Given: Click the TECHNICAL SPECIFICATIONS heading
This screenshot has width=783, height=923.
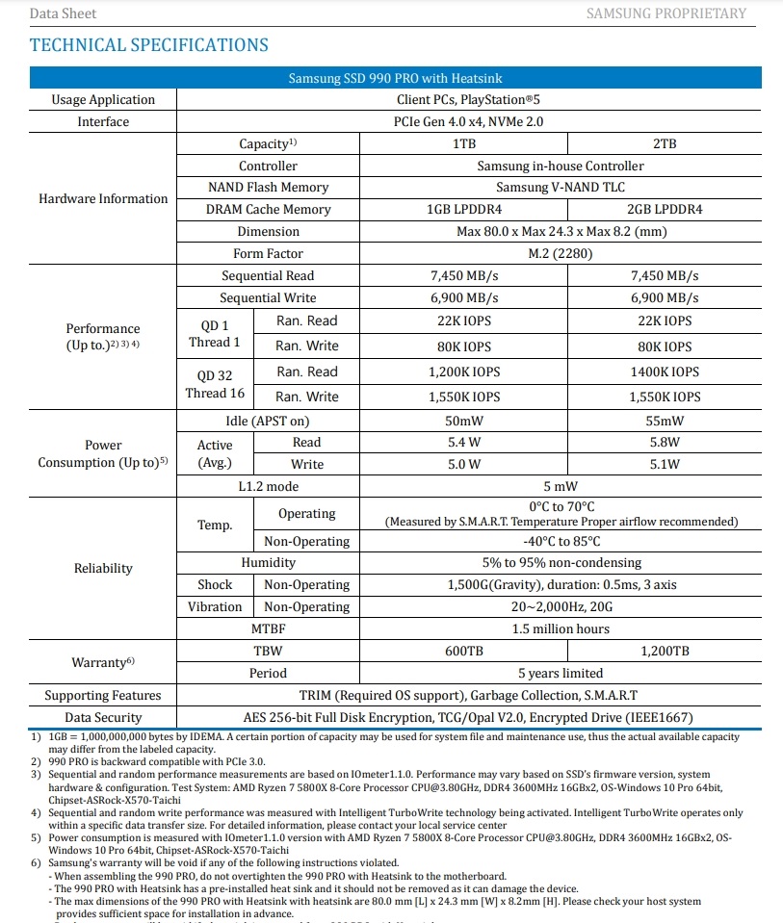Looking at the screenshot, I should [149, 45].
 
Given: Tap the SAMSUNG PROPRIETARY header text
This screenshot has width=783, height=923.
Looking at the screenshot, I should [666, 13].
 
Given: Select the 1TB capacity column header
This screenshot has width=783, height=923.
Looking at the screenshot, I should [464, 143].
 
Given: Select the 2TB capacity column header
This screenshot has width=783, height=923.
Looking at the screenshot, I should [665, 143].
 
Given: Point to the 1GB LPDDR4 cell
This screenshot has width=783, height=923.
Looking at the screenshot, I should [464, 210].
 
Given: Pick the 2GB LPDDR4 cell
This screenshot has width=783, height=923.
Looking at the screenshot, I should [665, 210].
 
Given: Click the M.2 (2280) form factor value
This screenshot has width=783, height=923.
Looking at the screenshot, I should [561, 254].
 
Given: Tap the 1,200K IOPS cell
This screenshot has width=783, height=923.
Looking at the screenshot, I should [464, 372].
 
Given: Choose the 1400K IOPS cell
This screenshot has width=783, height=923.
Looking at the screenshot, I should [665, 372].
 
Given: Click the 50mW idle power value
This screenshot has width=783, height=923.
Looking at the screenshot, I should [464, 422].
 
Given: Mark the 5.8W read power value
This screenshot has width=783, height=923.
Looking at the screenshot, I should [665, 443].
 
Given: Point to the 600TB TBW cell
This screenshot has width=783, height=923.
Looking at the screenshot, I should [464, 652].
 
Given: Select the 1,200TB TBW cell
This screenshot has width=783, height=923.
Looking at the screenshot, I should [665, 652].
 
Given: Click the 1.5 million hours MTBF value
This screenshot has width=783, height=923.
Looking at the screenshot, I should [561, 629].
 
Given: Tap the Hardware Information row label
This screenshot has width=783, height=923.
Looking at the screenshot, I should [103, 199].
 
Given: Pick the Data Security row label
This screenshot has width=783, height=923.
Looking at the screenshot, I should [103, 717].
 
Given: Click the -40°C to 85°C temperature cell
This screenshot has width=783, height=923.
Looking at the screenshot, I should [561, 542].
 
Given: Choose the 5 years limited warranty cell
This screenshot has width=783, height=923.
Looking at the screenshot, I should [561, 674].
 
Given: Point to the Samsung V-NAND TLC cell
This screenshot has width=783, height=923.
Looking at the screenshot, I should [561, 188].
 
